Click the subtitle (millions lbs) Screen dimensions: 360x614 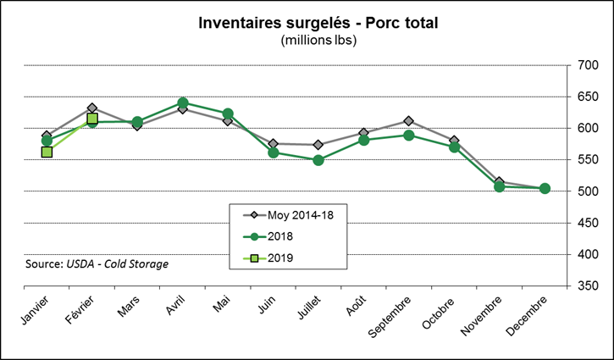coord(307,40)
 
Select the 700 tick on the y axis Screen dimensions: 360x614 coord(589,65)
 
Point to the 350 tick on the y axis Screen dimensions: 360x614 coord(589,286)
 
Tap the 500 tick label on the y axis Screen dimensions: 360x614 coord(589,191)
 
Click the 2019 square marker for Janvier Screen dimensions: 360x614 coord(47,152)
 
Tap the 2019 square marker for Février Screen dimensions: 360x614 coord(92,119)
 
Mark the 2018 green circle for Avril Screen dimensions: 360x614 coord(183,103)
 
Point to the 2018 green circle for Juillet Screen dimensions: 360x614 coord(318,160)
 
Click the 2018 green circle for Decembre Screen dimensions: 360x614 coord(545,189)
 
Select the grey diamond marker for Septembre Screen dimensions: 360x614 coord(409,121)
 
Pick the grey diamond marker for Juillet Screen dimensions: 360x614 coord(318,145)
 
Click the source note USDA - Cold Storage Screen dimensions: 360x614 coord(97,263)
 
